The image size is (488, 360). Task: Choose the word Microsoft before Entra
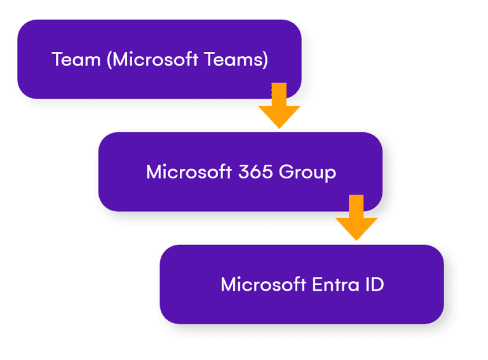263,284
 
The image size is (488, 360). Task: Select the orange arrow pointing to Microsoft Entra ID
356,218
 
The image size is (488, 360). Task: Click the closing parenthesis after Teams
265,60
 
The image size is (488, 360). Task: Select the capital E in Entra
316,284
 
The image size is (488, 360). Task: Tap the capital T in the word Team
57,60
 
